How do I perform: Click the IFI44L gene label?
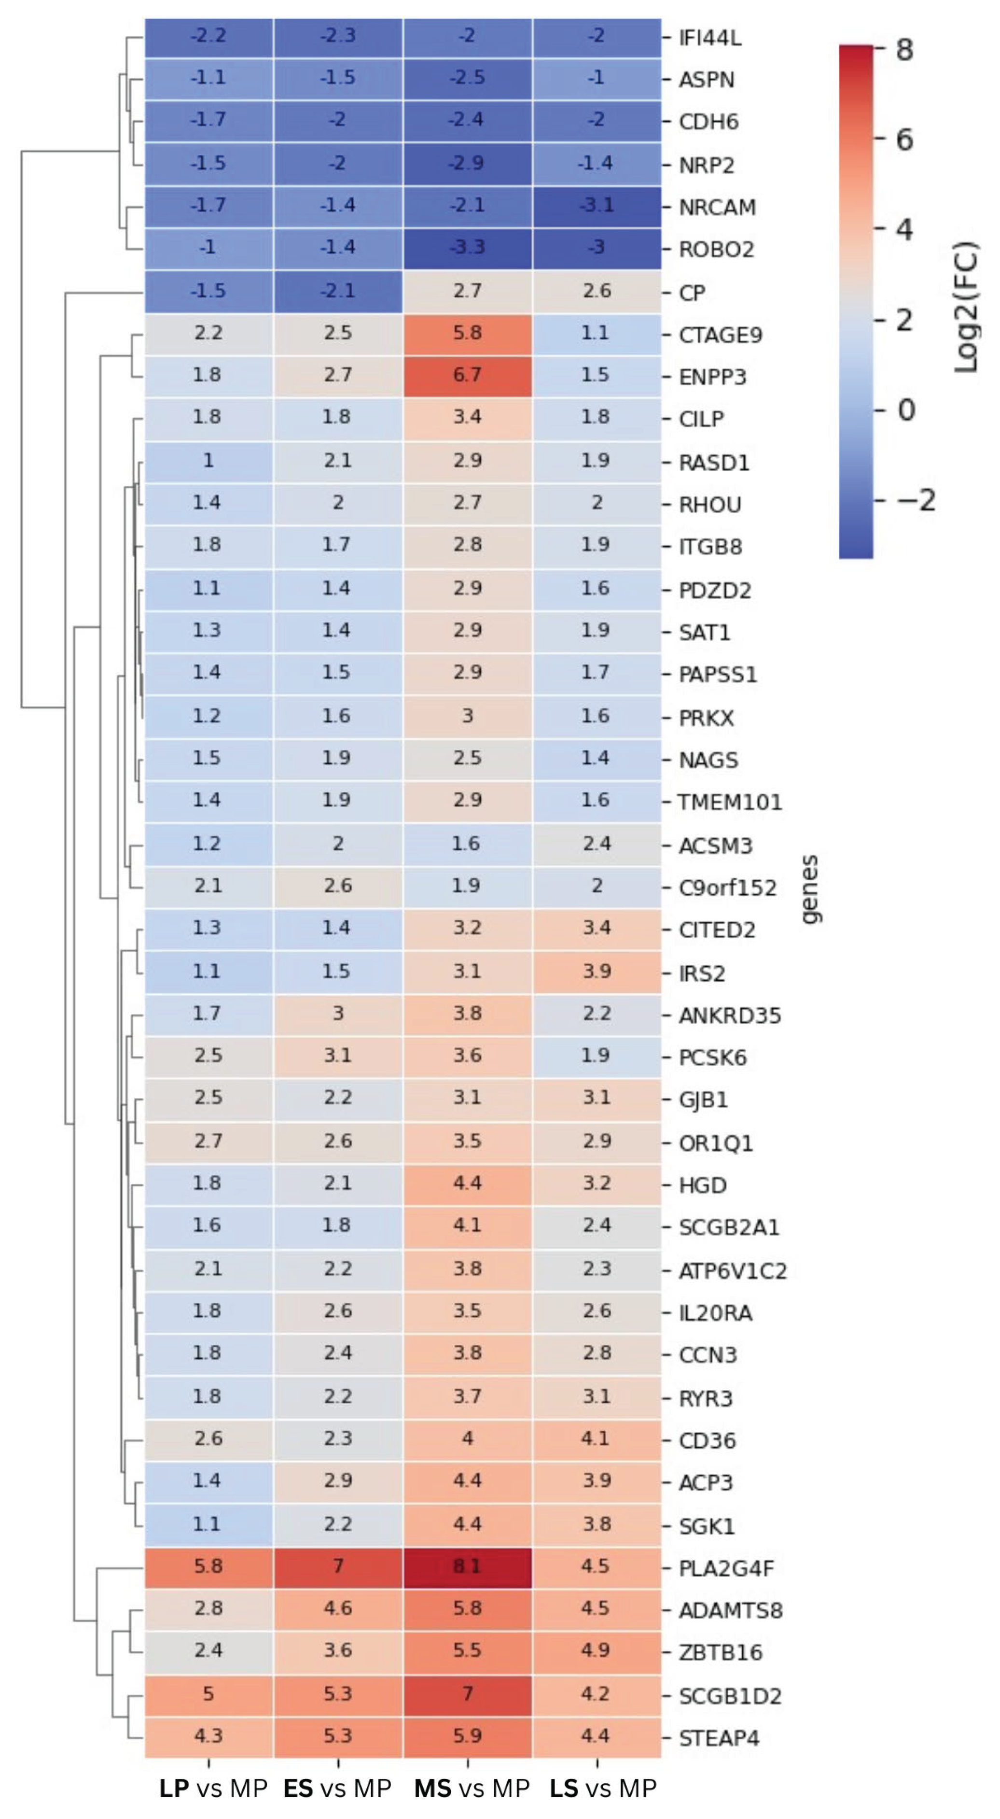709,38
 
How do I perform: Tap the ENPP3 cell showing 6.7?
467,376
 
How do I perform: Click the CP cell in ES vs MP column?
337,291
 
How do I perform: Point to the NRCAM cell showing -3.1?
597,206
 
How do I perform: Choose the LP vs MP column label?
213,1788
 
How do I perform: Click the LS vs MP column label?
603,1788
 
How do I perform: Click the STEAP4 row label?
719,1738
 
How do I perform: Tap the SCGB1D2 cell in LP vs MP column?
208,1694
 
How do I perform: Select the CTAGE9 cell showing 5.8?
467,333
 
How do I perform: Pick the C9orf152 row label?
727,887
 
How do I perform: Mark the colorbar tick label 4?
904,229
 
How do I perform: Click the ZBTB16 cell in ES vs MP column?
337,1651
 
